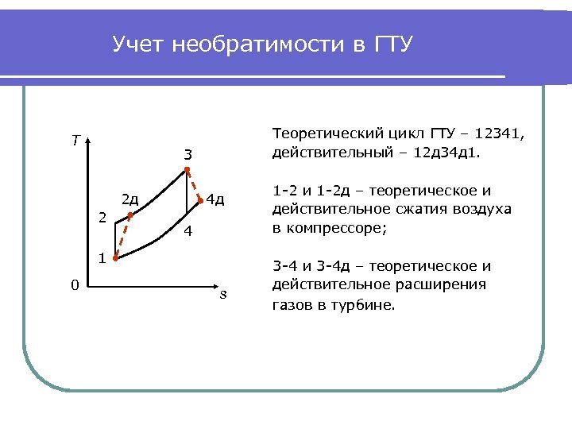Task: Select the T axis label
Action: (73, 141)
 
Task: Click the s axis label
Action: (223, 295)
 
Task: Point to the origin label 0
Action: (74, 284)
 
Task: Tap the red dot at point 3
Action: (187, 168)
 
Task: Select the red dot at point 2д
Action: (130, 215)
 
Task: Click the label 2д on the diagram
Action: (129, 199)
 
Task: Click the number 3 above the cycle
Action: (187, 153)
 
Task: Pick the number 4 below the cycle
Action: (187, 231)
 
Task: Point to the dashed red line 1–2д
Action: (122, 237)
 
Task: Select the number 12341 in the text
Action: (500, 133)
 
